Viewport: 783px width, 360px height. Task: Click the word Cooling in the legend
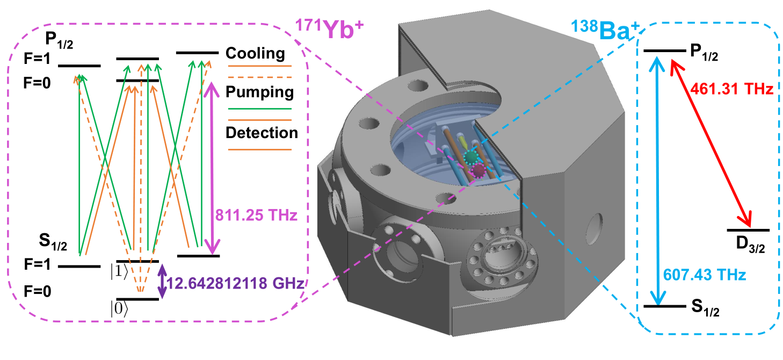[x=255, y=53]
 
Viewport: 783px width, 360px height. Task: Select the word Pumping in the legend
[x=260, y=92]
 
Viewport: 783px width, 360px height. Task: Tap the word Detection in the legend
[x=262, y=132]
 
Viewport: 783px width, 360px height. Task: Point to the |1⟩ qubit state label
[x=120, y=271]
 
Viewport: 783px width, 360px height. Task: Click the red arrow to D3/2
[x=710, y=142]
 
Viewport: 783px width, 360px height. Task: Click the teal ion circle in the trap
[x=472, y=156]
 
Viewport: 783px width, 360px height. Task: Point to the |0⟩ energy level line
[x=137, y=299]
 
